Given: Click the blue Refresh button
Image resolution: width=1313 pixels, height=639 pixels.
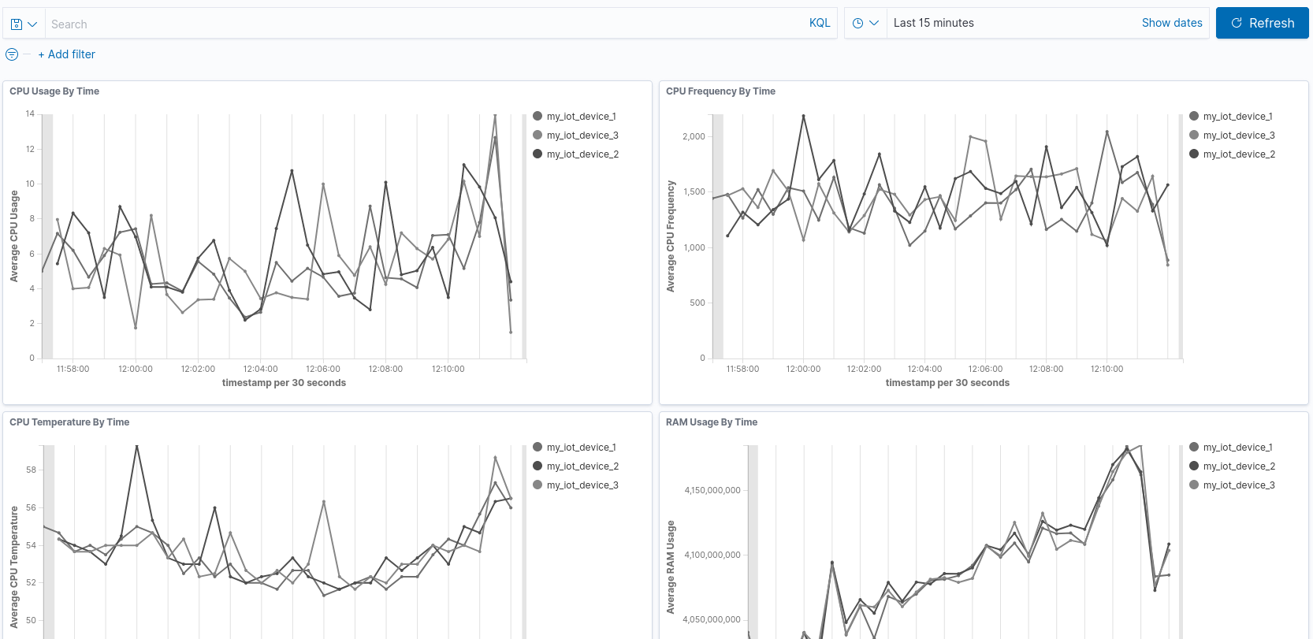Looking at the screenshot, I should [x=1262, y=24].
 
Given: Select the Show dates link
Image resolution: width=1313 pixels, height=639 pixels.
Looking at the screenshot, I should [x=1171, y=23].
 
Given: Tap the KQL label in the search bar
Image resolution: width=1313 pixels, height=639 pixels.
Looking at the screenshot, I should [x=819, y=23].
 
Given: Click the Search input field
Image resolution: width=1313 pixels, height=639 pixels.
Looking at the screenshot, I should [x=426, y=24].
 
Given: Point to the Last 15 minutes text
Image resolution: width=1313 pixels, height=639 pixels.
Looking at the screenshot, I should [x=933, y=23].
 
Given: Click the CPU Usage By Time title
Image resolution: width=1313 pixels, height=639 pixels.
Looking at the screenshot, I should [x=54, y=91].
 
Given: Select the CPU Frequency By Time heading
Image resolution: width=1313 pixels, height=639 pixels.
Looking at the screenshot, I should [x=720, y=91].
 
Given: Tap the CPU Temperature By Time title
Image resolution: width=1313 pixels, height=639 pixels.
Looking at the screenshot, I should [x=69, y=422].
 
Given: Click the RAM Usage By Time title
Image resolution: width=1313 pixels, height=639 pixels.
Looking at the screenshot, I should [x=711, y=422].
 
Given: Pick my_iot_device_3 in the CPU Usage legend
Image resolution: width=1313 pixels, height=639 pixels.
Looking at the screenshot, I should [x=582, y=136].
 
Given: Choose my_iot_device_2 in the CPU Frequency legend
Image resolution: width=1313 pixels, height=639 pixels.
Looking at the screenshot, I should [x=1238, y=154].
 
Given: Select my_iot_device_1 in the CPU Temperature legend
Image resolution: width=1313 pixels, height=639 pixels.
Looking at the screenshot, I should [x=581, y=448].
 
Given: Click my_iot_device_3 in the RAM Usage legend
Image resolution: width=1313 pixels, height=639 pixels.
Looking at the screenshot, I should [x=1238, y=485].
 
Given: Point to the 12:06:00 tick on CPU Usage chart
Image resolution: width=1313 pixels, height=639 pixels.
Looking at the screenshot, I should [x=323, y=369].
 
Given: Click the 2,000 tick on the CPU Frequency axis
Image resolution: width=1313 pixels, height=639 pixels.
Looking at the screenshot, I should [x=694, y=136].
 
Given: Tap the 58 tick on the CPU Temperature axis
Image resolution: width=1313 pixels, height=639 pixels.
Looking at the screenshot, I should [x=31, y=470].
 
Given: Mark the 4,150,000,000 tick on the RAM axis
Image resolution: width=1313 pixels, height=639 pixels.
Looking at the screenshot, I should [x=712, y=490].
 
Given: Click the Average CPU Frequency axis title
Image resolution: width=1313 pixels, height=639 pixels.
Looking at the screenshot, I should [x=671, y=236].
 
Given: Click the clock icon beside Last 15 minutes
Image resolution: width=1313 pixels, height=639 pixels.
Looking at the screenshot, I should [x=857, y=24].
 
